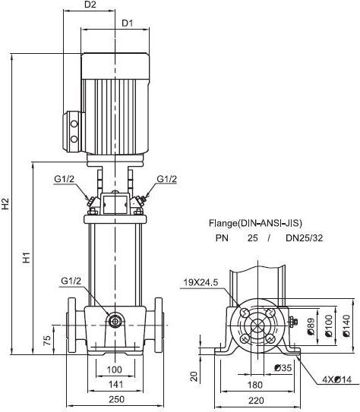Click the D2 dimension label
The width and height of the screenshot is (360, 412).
[90, 5]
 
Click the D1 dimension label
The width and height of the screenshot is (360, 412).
[128, 23]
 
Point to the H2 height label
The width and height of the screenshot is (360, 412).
[5, 203]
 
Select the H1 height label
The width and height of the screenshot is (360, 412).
[27, 257]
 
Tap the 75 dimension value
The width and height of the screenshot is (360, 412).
[47, 341]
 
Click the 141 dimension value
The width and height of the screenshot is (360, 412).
[115, 385]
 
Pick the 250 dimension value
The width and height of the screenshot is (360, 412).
[116, 399]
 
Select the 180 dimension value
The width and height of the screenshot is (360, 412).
[255, 385]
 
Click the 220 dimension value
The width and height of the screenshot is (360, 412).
[256, 401]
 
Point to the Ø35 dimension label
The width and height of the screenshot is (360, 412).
[283, 367]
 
